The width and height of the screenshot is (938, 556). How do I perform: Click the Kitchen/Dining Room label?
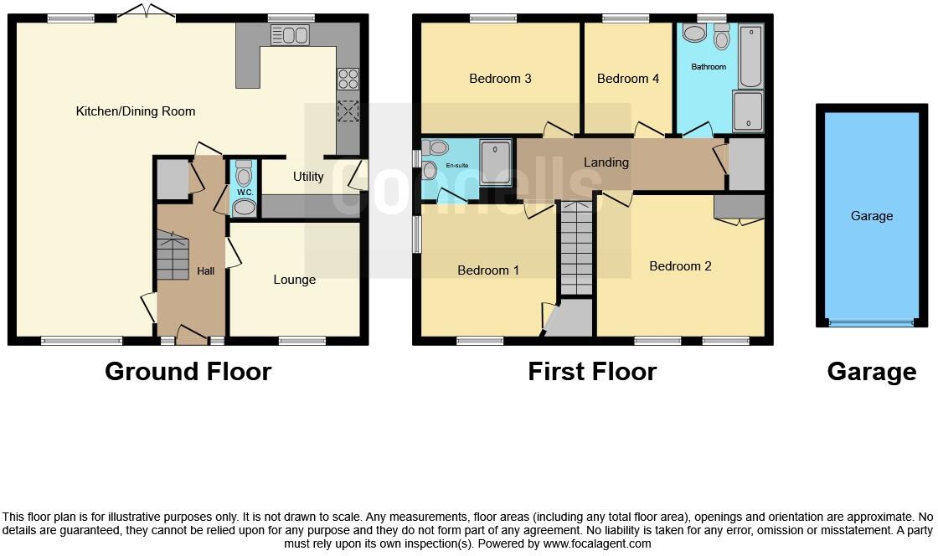[x=136, y=111]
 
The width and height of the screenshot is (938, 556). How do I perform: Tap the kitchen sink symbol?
[x=290, y=34]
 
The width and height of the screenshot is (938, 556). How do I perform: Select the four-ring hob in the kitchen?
[x=348, y=79]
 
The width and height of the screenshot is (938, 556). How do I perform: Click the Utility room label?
[x=308, y=177]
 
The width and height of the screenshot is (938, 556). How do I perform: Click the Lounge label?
[x=295, y=280]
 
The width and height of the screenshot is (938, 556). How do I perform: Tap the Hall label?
[x=206, y=271]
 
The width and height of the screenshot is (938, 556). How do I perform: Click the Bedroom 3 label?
[x=500, y=79]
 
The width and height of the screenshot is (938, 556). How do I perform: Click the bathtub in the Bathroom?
[x=750, y=57]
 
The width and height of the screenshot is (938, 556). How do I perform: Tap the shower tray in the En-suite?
[x=495, y=161]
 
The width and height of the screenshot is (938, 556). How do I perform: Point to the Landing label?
[x=606, y=162]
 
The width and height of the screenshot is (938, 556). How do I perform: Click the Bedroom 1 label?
[x=488, y=270]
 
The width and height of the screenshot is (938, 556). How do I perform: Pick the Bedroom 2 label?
[x=680, y=266]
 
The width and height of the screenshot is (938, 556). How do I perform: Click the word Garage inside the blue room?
[x=872, y=216]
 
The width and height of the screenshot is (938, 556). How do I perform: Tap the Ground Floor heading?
[x=188, y=372]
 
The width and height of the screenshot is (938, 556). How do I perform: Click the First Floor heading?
[x=592, y=372]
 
